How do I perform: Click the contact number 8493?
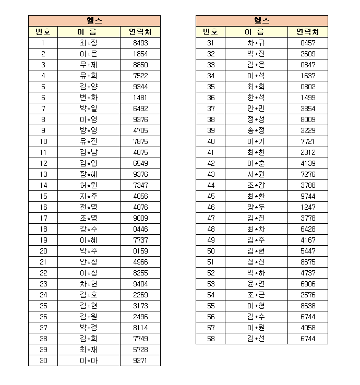(140, 43)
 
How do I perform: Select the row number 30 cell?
(43, 360)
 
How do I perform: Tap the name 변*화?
(89, 98)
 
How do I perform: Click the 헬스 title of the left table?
(94, 21)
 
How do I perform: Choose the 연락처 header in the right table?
(308, 32)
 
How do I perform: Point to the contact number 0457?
(308, 43)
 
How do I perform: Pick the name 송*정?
(256, 130)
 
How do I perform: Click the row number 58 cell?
(211, 339)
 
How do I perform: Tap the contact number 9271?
(140, 360)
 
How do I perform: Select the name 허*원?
(89, 185)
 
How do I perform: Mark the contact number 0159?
(140, 251)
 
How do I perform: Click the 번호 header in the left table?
(43, 32)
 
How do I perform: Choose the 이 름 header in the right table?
(256, 32)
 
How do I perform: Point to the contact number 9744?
(308, 196)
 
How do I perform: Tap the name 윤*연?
(256, 284)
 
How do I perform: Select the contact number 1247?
(308, 207)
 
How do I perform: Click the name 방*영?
(89, 130)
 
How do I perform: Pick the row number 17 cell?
(43, 218)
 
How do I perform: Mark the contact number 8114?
(140, 328)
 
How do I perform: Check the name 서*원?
(256, 174)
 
